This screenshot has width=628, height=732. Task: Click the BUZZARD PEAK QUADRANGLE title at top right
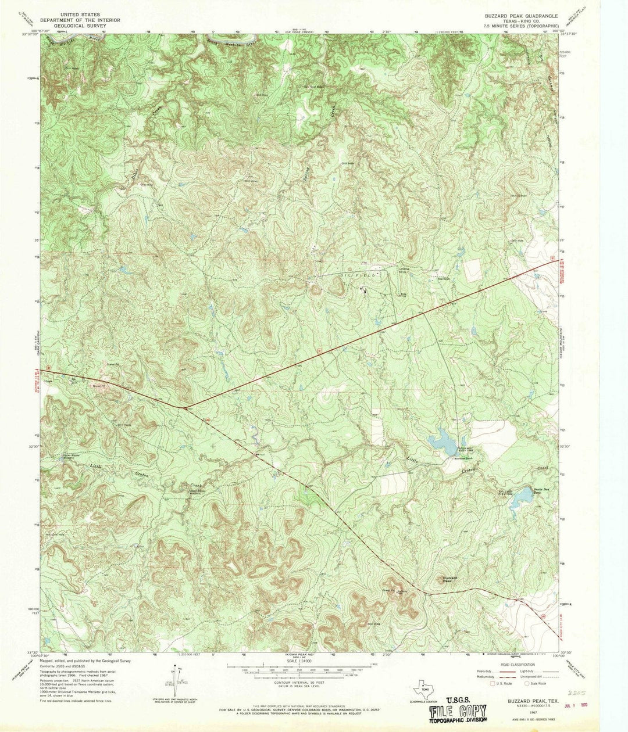tap(518, 16)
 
